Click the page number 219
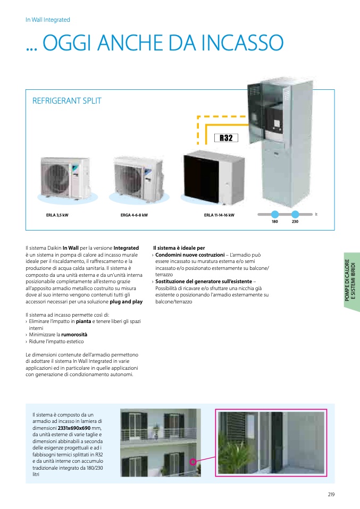(x=331, y=495)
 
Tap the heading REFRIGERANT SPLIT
(x=67, y=100)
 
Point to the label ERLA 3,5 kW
(x=57, y=215)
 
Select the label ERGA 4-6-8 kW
(x=134, y=215)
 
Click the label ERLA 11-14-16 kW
(x=219, y=215)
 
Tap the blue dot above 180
(x=275, y=214)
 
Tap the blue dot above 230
(x=295, y=214)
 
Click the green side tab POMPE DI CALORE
(x=350, y=282)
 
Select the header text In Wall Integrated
(x=48, y=20)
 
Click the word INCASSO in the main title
(x=242, y=43)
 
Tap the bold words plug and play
(x=126, y=302)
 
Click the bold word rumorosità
(x=74, y=335)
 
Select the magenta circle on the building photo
(x=193, y=461)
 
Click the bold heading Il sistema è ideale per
(x=179, y=248)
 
